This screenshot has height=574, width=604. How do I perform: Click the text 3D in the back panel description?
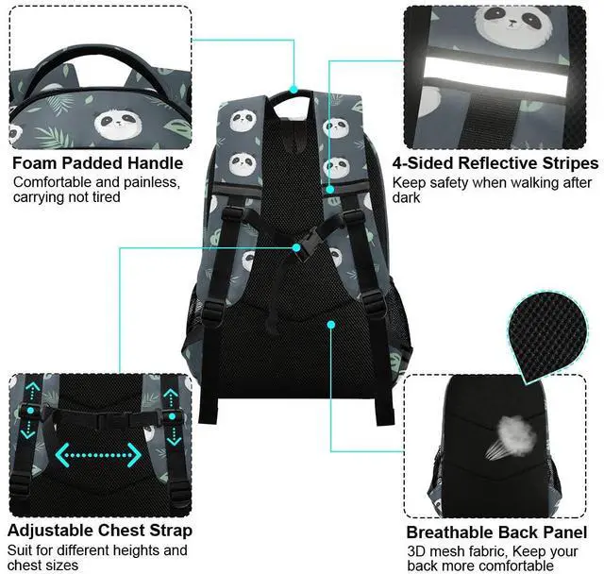pos(415,551)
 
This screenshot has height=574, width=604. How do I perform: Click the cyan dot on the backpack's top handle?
pos(294,89)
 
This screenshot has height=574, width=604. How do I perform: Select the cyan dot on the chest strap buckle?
pos(295,247)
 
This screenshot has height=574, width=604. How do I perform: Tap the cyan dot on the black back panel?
pos(331,325)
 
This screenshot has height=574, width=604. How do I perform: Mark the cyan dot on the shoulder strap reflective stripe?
pos(329,189)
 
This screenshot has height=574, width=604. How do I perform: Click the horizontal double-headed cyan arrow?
pos(98,455)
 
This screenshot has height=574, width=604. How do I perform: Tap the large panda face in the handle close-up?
pos(118,124)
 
